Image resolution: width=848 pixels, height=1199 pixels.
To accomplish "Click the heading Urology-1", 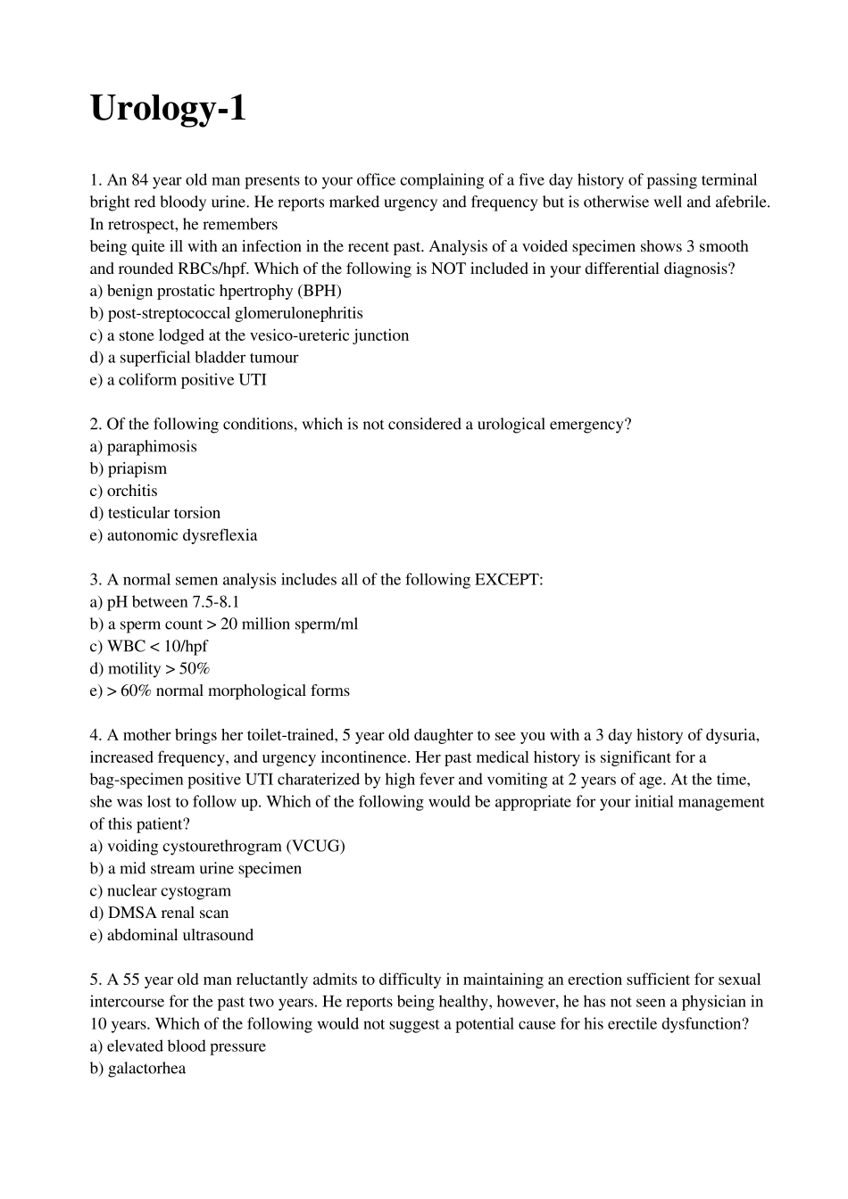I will coord(168,110).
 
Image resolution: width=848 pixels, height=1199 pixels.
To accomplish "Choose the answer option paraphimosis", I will coord(152,447).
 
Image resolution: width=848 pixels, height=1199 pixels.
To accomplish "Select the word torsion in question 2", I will coord(197,513).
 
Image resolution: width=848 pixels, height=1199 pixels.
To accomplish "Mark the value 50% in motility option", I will coord(194,669).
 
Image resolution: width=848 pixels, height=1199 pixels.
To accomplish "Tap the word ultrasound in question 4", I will coord(217,935).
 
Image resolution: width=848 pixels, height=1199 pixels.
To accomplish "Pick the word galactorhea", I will coord(146,1069).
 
